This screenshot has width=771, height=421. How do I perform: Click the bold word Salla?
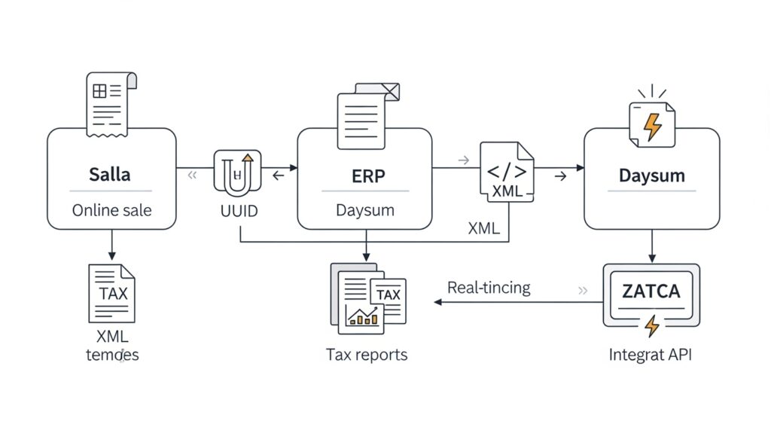(111, 175)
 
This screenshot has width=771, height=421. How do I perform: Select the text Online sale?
(111, 210)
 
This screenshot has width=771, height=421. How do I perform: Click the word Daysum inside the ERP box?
(364, 210)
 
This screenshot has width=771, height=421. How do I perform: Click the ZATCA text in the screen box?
(651, 291)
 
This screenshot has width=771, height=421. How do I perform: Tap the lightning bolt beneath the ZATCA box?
(651, 325)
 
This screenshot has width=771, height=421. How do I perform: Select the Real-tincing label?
(489, 287)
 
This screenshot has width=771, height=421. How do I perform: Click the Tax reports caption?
(367, 354)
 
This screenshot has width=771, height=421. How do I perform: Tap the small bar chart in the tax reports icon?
(361, 316)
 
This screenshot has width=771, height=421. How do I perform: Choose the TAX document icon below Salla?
(111, 294)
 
